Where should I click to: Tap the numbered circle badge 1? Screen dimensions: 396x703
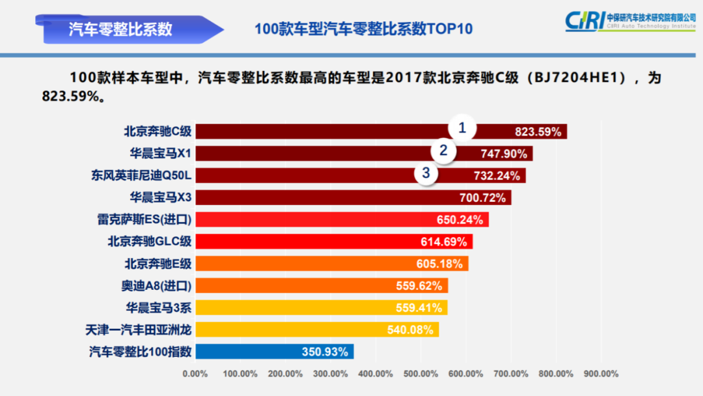pyautogui.click(x=462, y=128)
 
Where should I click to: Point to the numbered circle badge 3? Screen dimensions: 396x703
pyautogui.click(x=426, y=173)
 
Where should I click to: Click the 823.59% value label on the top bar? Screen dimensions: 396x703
pyautogui.click(x=538, y=132)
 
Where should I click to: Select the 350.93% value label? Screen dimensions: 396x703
pyautogui.click(x=324, y=352)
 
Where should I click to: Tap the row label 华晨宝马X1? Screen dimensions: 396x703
pyautogui.click(x=160, y=154)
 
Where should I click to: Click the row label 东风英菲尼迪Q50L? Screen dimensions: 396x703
pyautogui.click(x=141, y=176)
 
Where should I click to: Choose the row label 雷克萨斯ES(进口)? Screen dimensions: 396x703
pyautogui.click(x=144, y=219)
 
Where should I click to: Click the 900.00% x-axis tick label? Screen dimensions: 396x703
pyautogui.click(x=600, y=374)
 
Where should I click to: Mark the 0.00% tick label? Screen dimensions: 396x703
pyautogui.click(x=195, y=374)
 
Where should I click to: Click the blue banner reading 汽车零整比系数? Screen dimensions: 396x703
pyautogui.click(x=120, y=29)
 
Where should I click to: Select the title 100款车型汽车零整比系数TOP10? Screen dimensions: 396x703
pyautogui.click(x=363, y=29)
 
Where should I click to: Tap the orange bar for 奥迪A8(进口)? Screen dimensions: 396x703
pyautogui.click(x=293, y=285)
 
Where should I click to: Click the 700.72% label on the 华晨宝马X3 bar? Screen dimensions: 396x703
pyautogui.click(x=482, y=198)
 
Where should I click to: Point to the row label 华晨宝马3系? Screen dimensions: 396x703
pyautogui.click(x=159, y=307)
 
